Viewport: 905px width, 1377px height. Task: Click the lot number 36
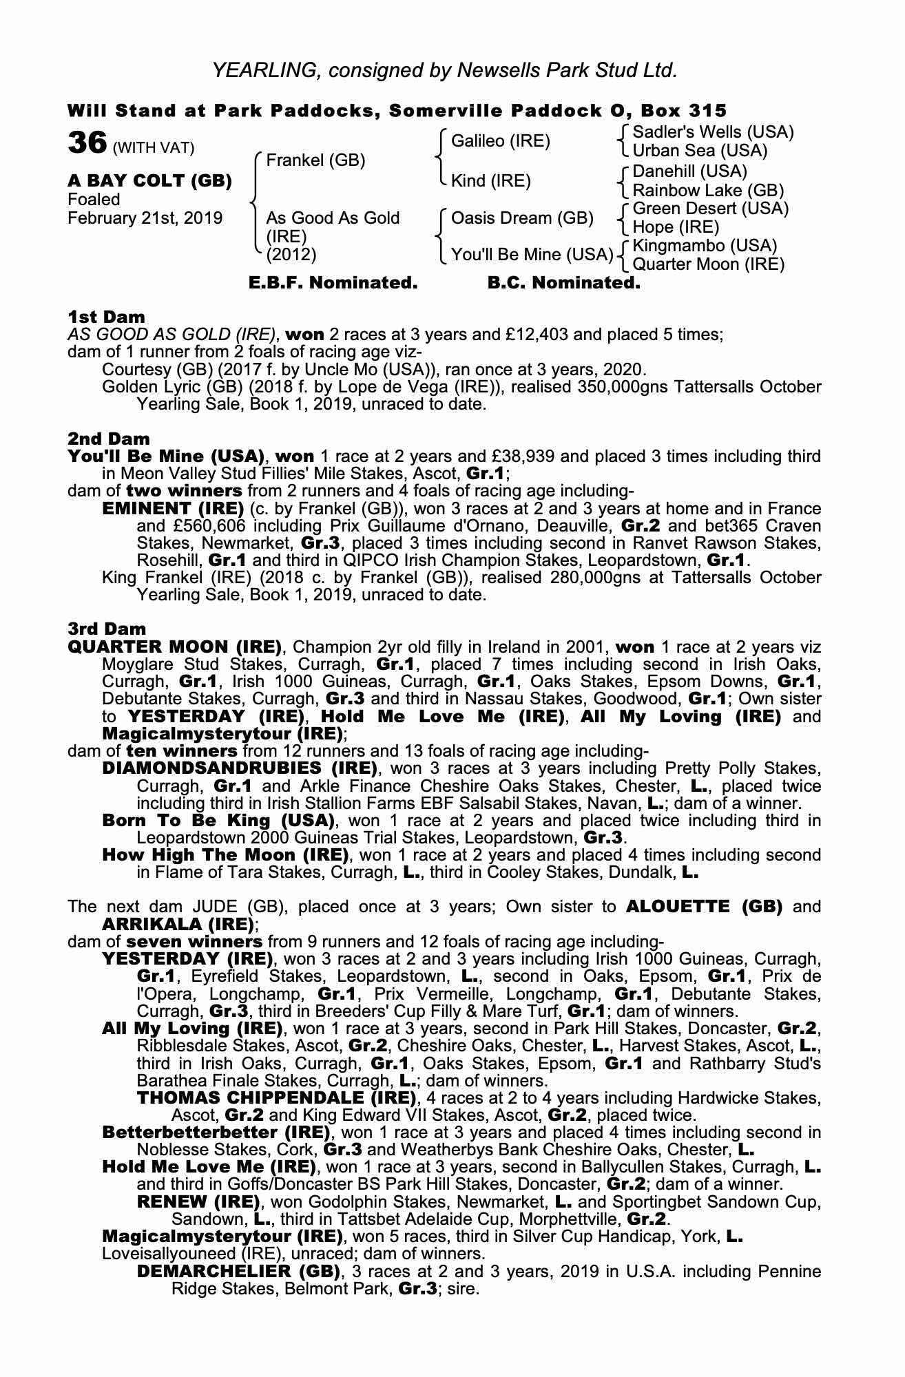pyautogui.click(x=87, y=143)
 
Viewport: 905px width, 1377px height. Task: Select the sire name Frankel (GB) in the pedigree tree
pyautogui.click(x=315, y=160)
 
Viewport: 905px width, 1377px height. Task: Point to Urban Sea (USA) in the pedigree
pyautogui.click(x=700, y=150)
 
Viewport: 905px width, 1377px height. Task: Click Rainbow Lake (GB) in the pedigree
pyautogui.click(x=708, y=190)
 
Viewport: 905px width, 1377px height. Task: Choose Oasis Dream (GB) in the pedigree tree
pyautogui.click(x=521, y=218)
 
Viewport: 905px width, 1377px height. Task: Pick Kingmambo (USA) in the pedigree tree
pyautogui.click(x=705, y=246)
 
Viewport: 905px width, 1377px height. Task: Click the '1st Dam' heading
pyautogui.click(x=106, y=317)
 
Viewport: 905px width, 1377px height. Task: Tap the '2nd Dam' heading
pyautogui.click(x=108, y=439)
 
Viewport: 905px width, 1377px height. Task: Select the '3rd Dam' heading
pyautogui.click(x=107, y=629)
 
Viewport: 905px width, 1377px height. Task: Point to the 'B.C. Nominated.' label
pyautogui.click(x=563, y=283)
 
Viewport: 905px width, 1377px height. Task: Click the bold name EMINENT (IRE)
pyautogui.click(x=173, y=509)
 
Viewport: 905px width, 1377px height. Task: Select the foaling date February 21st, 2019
pyautogui.click(x=145, y=218)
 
